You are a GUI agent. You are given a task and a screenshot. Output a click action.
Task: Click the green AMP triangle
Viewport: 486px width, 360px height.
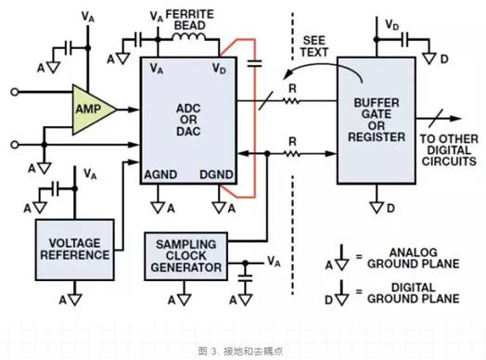(x=92, y=109)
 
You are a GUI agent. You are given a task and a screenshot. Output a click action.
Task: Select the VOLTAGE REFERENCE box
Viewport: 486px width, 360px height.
(x=75, y=250)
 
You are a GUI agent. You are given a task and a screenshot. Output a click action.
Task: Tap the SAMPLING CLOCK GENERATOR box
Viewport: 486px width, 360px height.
(x=186, y=256)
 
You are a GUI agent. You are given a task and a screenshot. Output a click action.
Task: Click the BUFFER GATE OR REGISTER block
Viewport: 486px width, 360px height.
(x=377, y=121)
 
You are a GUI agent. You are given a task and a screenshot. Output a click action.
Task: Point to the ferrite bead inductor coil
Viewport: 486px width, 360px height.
(x=189, y=37)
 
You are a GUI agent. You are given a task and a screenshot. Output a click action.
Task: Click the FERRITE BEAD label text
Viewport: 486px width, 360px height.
(x=190, y=19)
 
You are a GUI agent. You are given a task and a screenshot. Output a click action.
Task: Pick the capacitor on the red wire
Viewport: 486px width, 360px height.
(x=255, y=64)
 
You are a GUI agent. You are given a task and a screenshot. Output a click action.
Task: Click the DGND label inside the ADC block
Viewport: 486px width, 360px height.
(x=216, y=174)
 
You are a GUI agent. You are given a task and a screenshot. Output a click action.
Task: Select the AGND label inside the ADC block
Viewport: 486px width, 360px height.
(x=160, y=174)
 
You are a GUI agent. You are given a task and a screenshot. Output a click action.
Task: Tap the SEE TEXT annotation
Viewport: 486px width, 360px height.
(x=313, y=46)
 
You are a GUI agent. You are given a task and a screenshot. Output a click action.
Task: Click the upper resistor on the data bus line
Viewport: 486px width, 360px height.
(x=290, y=101)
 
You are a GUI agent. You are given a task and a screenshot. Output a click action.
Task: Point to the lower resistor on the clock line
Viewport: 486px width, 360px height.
(x=291, y=153)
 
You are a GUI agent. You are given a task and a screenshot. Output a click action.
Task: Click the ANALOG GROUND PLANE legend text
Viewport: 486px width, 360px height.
(x=413, y=258)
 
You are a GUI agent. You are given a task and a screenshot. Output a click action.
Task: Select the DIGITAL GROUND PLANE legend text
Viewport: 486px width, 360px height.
(x=413, y=293)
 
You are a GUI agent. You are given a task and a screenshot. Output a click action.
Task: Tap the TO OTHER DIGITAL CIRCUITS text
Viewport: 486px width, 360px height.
(x=449, y=150)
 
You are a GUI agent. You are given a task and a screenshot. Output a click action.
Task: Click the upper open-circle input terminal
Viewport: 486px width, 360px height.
(x=14, y=92)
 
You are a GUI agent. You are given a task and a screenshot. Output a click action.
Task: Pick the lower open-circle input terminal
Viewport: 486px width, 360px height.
(x=14, y=145)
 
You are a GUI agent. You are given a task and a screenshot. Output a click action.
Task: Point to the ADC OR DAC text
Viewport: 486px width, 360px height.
(x=188, y=120)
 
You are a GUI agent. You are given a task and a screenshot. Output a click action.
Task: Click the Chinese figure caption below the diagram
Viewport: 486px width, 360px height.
(x=240, y=352)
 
